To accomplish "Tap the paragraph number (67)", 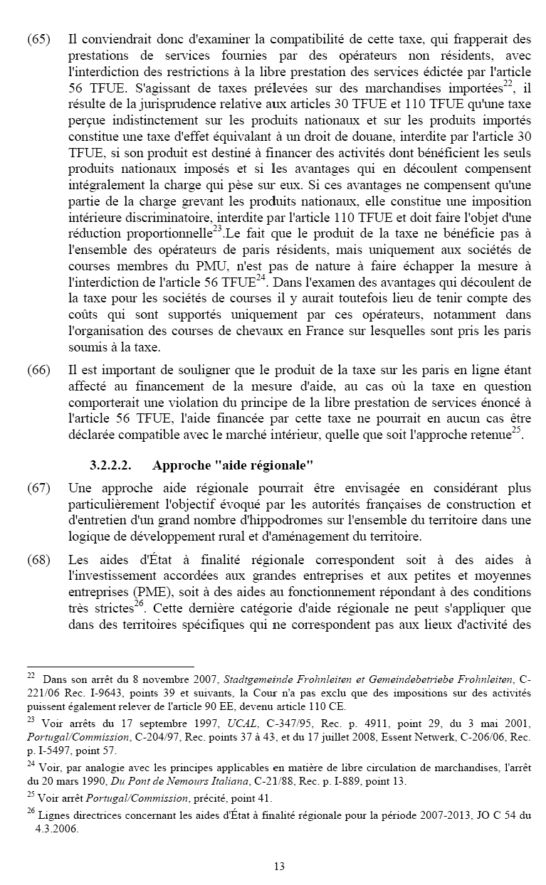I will click(x=38, y=489).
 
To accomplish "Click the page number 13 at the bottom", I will click(x=279, y=866).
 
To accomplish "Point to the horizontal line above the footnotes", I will click(x=110, y=666).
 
